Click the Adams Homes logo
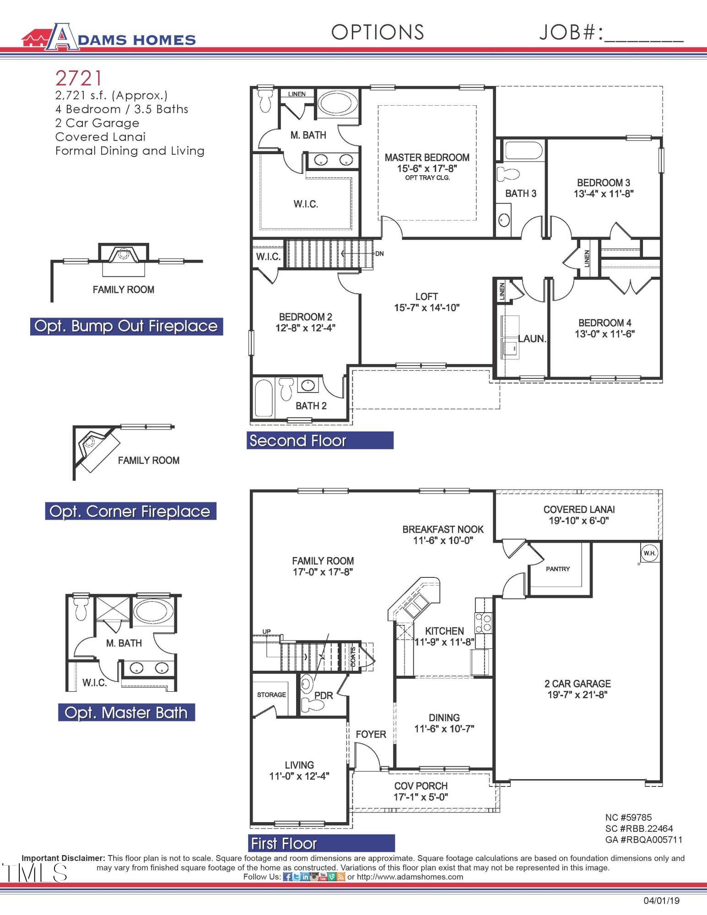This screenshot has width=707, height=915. [109, 37]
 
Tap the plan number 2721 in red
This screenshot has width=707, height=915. [78, 78]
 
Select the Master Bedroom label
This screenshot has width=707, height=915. [426, 157]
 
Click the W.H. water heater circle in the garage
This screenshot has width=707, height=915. [649, 553]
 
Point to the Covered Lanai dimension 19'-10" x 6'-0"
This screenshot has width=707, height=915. [578, 521]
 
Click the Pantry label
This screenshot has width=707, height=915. [558, 569]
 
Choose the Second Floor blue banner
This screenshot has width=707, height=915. [320, 441]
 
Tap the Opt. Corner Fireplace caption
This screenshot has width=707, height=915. [130, 511]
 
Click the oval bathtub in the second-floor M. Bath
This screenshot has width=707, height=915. [337, 103]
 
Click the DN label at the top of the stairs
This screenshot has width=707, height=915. [379, 253]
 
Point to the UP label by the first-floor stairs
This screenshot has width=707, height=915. [266, 631]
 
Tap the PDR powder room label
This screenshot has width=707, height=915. [324, 695]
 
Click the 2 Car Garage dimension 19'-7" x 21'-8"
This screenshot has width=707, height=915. [577, 694]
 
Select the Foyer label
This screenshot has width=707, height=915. [371, 734]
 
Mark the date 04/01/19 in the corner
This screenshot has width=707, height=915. [661, 900]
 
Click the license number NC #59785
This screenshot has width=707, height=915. [628, 818]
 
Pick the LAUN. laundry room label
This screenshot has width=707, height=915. [532, 339]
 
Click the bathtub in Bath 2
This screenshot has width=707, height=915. [264, 399]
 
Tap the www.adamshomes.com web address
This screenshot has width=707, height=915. [410, 877]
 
